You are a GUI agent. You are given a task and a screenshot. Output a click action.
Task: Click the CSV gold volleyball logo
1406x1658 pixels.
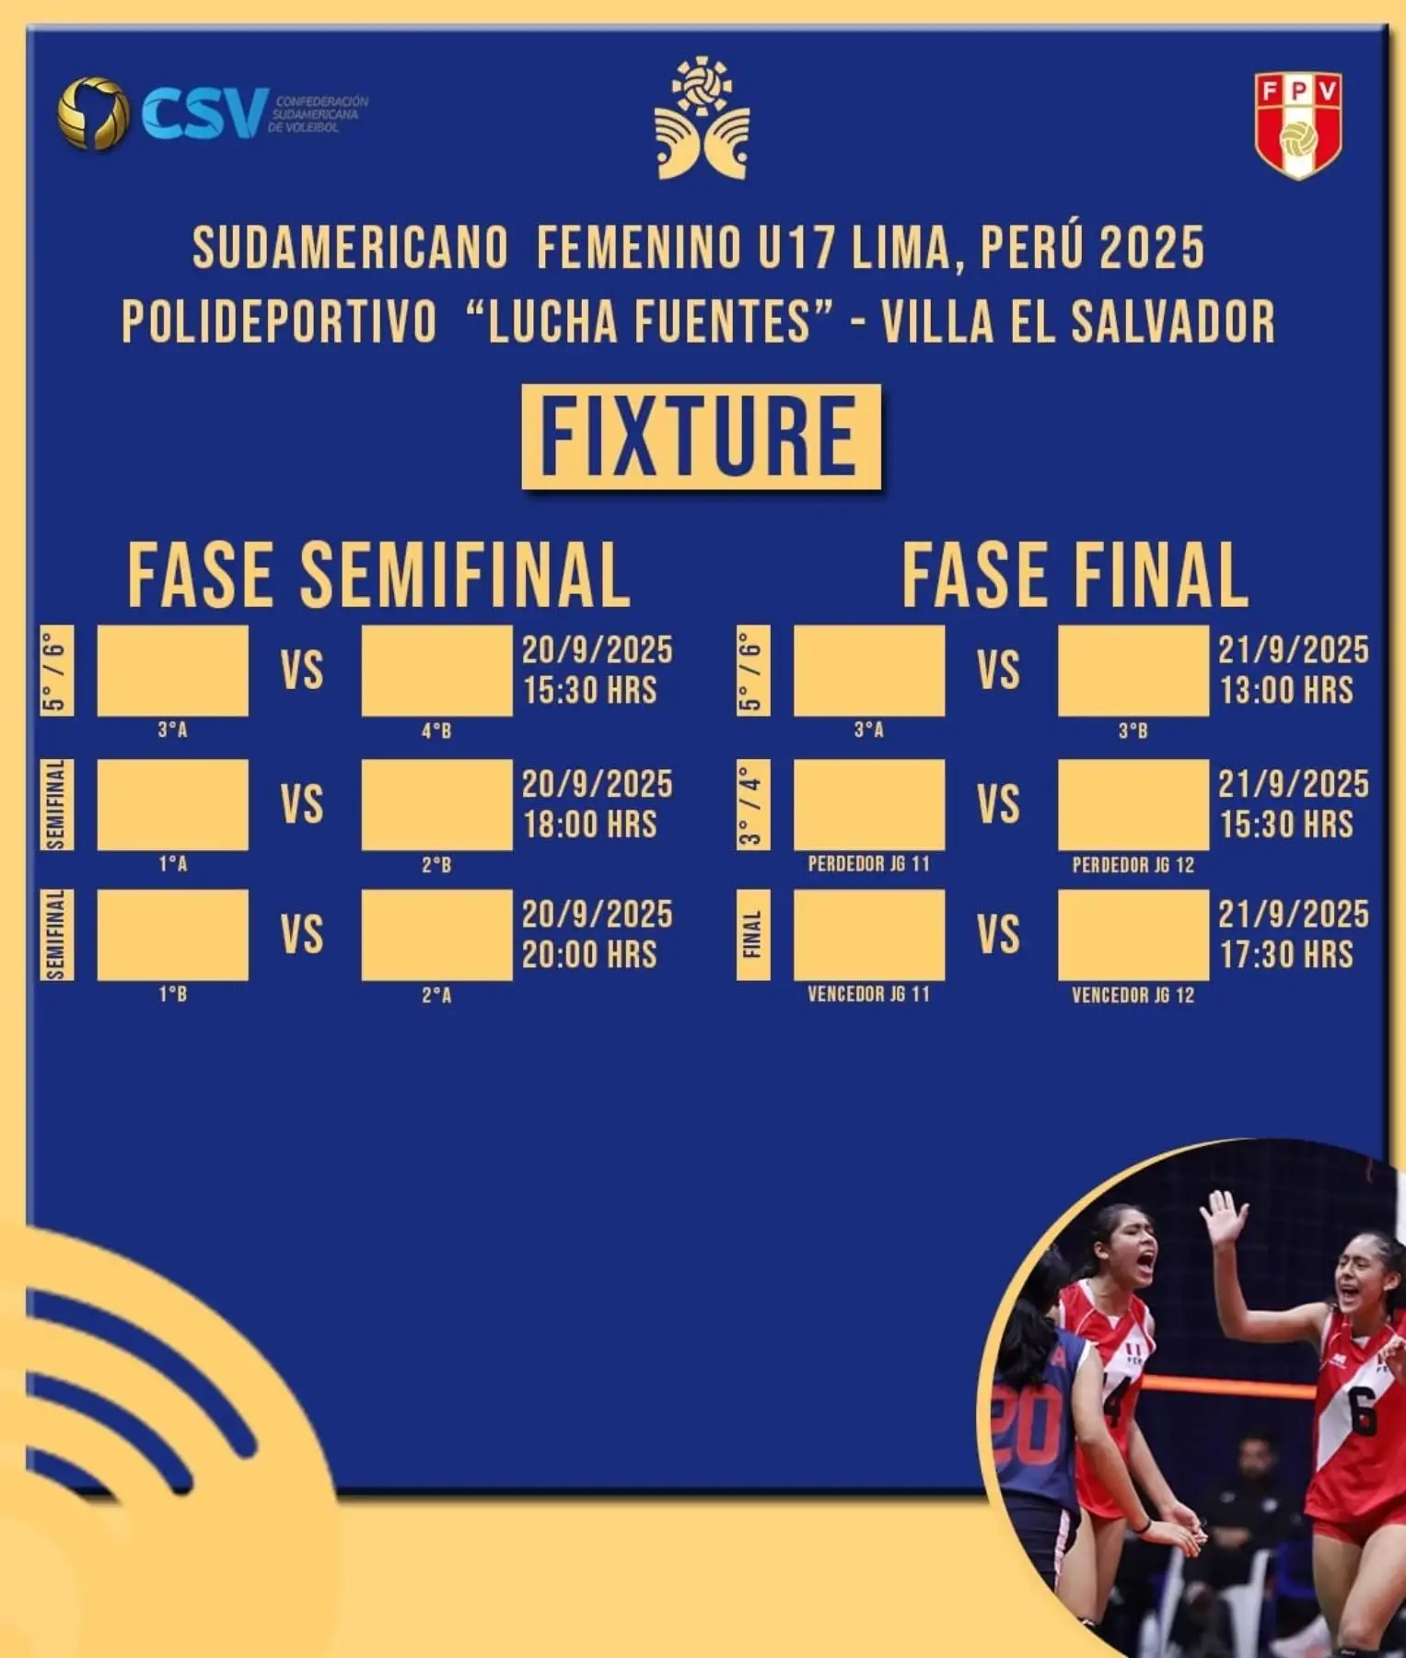[x=92, y=113]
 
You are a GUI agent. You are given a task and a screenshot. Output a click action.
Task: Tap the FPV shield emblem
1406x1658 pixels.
[x=1297, y=126]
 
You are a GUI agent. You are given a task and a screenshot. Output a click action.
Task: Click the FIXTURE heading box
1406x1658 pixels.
[x=701, y=437]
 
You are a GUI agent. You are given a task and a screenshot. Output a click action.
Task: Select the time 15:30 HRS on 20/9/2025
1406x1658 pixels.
[x=590, y=690]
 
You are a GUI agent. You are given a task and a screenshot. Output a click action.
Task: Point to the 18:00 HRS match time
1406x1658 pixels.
[x=590, y=824]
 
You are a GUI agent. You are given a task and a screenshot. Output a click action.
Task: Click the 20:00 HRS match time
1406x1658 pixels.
[x=590, y=954]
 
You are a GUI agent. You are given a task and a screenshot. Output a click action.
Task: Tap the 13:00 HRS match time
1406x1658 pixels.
[x=1286, y=690]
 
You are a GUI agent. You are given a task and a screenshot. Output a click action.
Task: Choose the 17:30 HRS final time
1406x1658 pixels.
[x=1286, y=954]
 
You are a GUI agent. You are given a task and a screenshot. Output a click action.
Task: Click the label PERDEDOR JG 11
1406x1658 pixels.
[x=868, y=864]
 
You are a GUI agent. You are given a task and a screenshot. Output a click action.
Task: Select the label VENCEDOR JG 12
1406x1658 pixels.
[x=1133, y=995]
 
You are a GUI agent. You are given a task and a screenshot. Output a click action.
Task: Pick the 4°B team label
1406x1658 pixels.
[x=436, y=731]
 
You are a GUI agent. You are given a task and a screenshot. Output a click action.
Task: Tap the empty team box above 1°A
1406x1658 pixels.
[x=172, y=805]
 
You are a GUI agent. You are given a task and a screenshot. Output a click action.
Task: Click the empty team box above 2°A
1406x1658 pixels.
[x=436, y=935]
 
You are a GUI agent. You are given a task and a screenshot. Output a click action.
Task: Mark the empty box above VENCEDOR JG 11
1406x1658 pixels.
[x=868, y=935]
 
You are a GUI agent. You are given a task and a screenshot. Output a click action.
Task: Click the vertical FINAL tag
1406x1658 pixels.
[x=752, y=935]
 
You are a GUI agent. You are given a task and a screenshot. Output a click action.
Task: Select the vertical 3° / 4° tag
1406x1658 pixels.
[x=752, y=805]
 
